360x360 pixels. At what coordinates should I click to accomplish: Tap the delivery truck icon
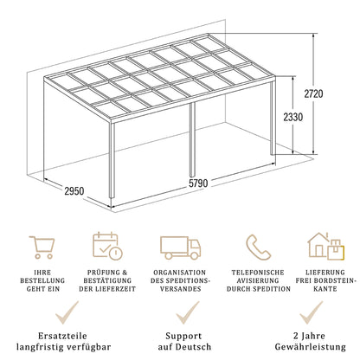(180, 247)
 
